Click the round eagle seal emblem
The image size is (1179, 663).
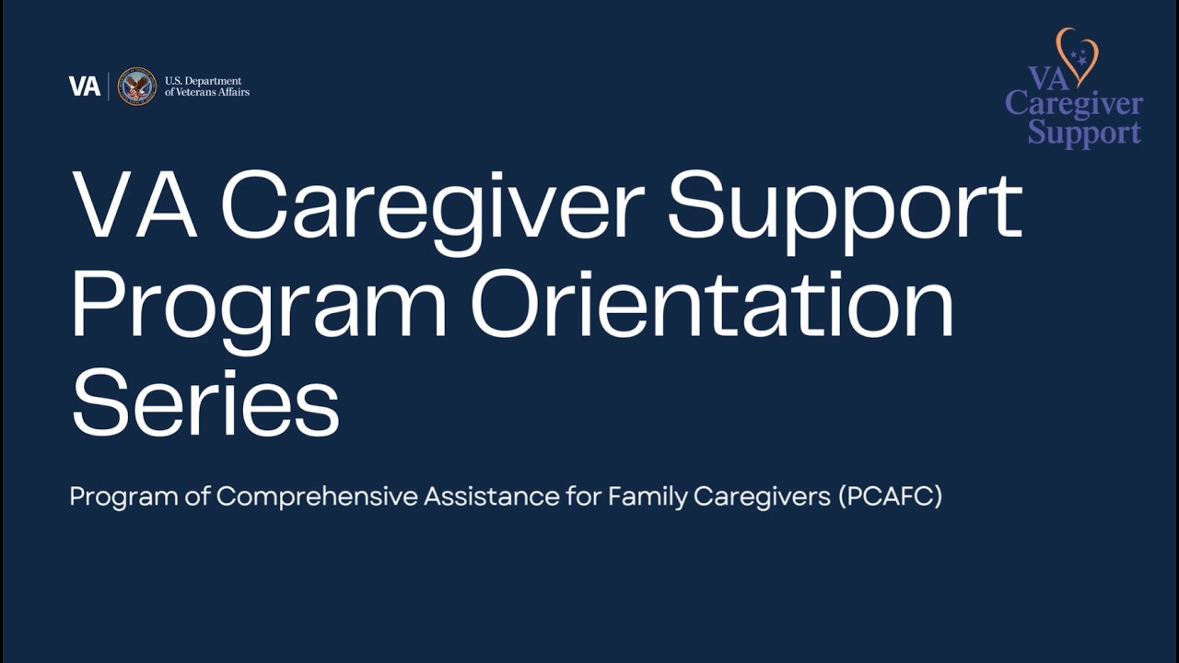[x=137, y=87]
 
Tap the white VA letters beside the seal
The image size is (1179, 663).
[x=85, y=87]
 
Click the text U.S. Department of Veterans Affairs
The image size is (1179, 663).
[x=206, y=87]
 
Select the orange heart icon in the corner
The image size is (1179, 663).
[x=1077, y=55]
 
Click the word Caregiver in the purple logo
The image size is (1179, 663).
[x=1074, y=104]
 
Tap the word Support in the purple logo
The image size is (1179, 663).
[x=1084, y=132]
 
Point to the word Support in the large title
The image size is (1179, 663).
[x=845, y=207]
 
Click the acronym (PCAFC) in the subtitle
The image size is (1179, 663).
[x=890, y=497]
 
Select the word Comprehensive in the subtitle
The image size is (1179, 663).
[x=318, y=497]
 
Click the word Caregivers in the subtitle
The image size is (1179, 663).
[x=762, y=497]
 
